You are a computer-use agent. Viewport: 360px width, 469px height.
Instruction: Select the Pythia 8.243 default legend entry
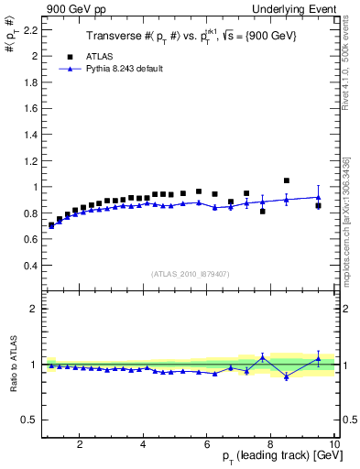[x=129, y=69]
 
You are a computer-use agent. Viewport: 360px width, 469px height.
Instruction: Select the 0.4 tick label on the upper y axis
[x=28, y=266]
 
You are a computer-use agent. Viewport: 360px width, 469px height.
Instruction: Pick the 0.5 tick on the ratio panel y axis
[x=29, y=420]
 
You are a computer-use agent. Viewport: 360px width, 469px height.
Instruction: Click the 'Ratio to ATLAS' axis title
[x=12, y=365]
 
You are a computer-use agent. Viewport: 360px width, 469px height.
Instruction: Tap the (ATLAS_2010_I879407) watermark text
[x=190, y=274]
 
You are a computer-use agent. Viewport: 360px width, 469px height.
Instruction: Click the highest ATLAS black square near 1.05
[x=287, y=180]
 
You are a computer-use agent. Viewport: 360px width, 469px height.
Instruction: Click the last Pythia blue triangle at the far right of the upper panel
[x=318, y=197]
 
